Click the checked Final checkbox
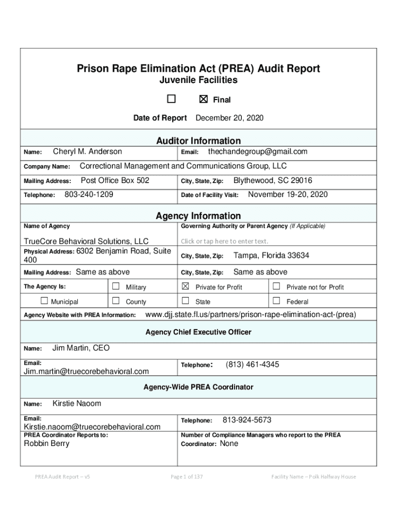click(x=203, y=100)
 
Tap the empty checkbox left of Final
click(x=171, y=99)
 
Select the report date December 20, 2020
click(x=229, y=118)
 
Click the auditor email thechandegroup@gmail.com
click(x=257, y=152)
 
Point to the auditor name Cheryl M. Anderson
click(x=88, y=152)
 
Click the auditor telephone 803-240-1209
click(x=89, y=195)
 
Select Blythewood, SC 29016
click(x=273, y=181)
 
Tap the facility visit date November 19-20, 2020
click(x=288, y=195)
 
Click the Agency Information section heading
click(x=198, y=216)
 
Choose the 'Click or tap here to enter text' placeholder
click(x=224, y=241)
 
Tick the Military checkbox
click(x=116, y=286)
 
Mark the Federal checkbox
click(x=276, y=301)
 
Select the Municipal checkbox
click(x=44, y=301)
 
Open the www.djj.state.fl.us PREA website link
click(x=251, y=315)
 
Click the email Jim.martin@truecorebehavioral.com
click(x=87, y=371)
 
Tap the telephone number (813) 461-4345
click(x=253, y=365)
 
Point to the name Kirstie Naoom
click(x=77, y=403)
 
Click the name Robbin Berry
click(x=46, y=443)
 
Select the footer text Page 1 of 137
click(x=187, y=477)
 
